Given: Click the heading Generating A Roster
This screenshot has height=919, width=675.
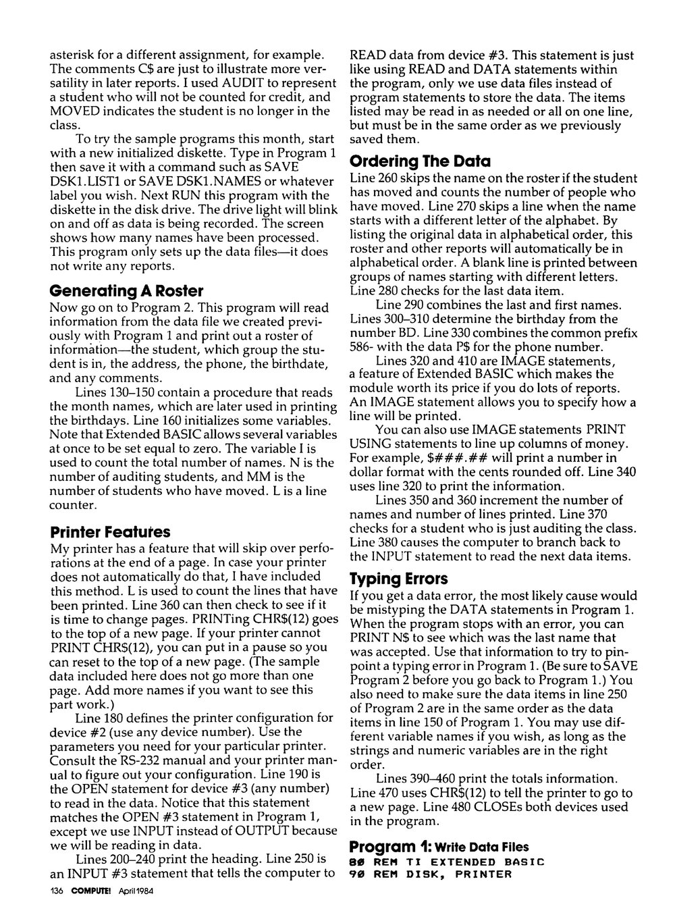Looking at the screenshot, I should pos(127,291).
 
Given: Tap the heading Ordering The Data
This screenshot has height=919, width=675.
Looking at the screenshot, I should pos(421,161).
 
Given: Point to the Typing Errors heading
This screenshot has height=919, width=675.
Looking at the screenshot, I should pos(398,579).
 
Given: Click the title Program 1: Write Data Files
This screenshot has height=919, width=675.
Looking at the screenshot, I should pos(439,847).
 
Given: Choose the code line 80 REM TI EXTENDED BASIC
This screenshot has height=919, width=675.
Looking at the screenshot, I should pos(446,862).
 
